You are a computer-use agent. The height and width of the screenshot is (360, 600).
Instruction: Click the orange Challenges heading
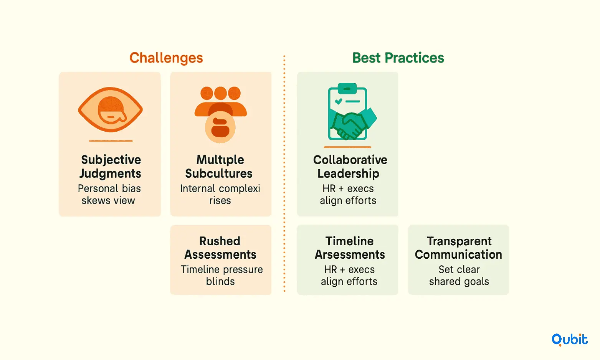tap(166, 58)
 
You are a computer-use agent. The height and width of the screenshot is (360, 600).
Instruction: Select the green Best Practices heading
tap(398, 58)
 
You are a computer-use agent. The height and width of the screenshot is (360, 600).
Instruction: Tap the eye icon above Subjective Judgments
tap(110, 109)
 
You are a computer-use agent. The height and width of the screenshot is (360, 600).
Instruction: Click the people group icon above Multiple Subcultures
tap(220, 114)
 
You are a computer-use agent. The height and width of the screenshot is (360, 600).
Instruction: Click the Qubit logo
tap(569, 340)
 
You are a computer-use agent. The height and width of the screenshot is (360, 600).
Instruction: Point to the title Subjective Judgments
tap(110, 167)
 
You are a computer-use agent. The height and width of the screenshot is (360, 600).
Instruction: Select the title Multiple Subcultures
tap(219, 167)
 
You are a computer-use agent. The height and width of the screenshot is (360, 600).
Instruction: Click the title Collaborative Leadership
tap(350, 167)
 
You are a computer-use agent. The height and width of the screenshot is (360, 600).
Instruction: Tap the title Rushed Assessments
tap(220, 248)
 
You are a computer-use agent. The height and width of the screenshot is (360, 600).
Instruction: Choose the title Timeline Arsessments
tap(350, 248)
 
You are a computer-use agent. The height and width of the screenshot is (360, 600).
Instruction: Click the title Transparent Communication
tap(459, 248)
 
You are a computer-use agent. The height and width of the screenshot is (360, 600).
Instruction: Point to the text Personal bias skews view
tap(109, 195)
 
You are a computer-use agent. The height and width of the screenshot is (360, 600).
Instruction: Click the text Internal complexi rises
tap(220, 195)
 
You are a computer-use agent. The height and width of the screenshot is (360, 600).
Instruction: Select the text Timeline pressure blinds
tap(221, 275)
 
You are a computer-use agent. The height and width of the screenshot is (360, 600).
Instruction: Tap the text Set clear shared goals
tap(459, 275)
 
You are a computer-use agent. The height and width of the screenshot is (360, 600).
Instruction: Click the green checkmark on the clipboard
tap(338, 101)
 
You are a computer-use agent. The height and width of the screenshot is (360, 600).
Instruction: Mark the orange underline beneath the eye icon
tap(111, 141)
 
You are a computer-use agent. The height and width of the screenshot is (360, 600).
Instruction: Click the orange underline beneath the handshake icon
tap(347, 147)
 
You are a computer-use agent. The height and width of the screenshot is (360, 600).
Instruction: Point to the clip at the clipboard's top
tap(347, 88)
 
